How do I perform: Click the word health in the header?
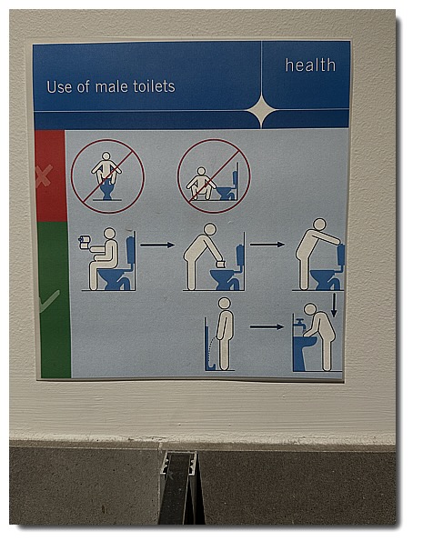(310, 65)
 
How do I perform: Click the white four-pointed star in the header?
(262, 110)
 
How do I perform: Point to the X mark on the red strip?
(44, 175)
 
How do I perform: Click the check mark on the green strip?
(49, 302)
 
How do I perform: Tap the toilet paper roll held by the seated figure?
(85, 242)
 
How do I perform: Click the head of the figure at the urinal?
(224, 304)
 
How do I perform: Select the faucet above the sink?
(300, 324)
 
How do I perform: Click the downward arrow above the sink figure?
(334, 305)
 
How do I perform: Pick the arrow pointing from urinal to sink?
(267, 326)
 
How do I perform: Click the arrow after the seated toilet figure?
(157, 245)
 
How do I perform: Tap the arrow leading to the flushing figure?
(267, 245)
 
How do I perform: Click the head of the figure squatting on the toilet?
(106, 156)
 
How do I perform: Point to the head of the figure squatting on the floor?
(201, 171)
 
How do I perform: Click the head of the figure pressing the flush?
(319, 225)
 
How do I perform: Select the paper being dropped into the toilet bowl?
(221, 264)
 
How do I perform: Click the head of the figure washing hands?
(310, 309)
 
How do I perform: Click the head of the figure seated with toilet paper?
(110, 234)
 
